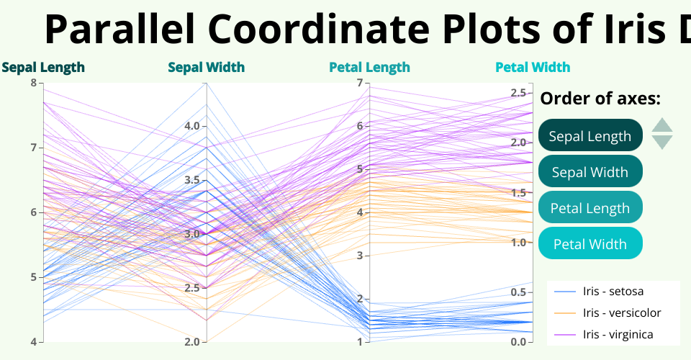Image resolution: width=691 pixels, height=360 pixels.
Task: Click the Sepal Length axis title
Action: [43, 68]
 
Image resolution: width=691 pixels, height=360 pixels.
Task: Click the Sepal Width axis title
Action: [207, 68]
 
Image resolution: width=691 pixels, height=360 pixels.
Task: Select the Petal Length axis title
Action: [369, 68]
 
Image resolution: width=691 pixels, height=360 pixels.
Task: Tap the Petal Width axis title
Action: [533, 68]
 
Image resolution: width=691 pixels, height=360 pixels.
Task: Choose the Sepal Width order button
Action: [590, 172]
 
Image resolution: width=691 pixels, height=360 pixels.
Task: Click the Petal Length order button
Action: [590, 208]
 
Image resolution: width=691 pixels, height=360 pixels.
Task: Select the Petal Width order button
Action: [590, 244]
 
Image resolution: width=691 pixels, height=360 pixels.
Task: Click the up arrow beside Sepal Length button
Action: [661, 126]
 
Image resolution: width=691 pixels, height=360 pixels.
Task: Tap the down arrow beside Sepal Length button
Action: [661, 142]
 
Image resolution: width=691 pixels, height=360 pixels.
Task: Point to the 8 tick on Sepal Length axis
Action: [34, 83]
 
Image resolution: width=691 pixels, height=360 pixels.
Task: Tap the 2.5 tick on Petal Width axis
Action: [518, 92]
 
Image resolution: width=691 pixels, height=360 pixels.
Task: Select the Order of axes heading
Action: [600, 99]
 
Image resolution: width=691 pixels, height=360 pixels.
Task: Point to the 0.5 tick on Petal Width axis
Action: [518, 292]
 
